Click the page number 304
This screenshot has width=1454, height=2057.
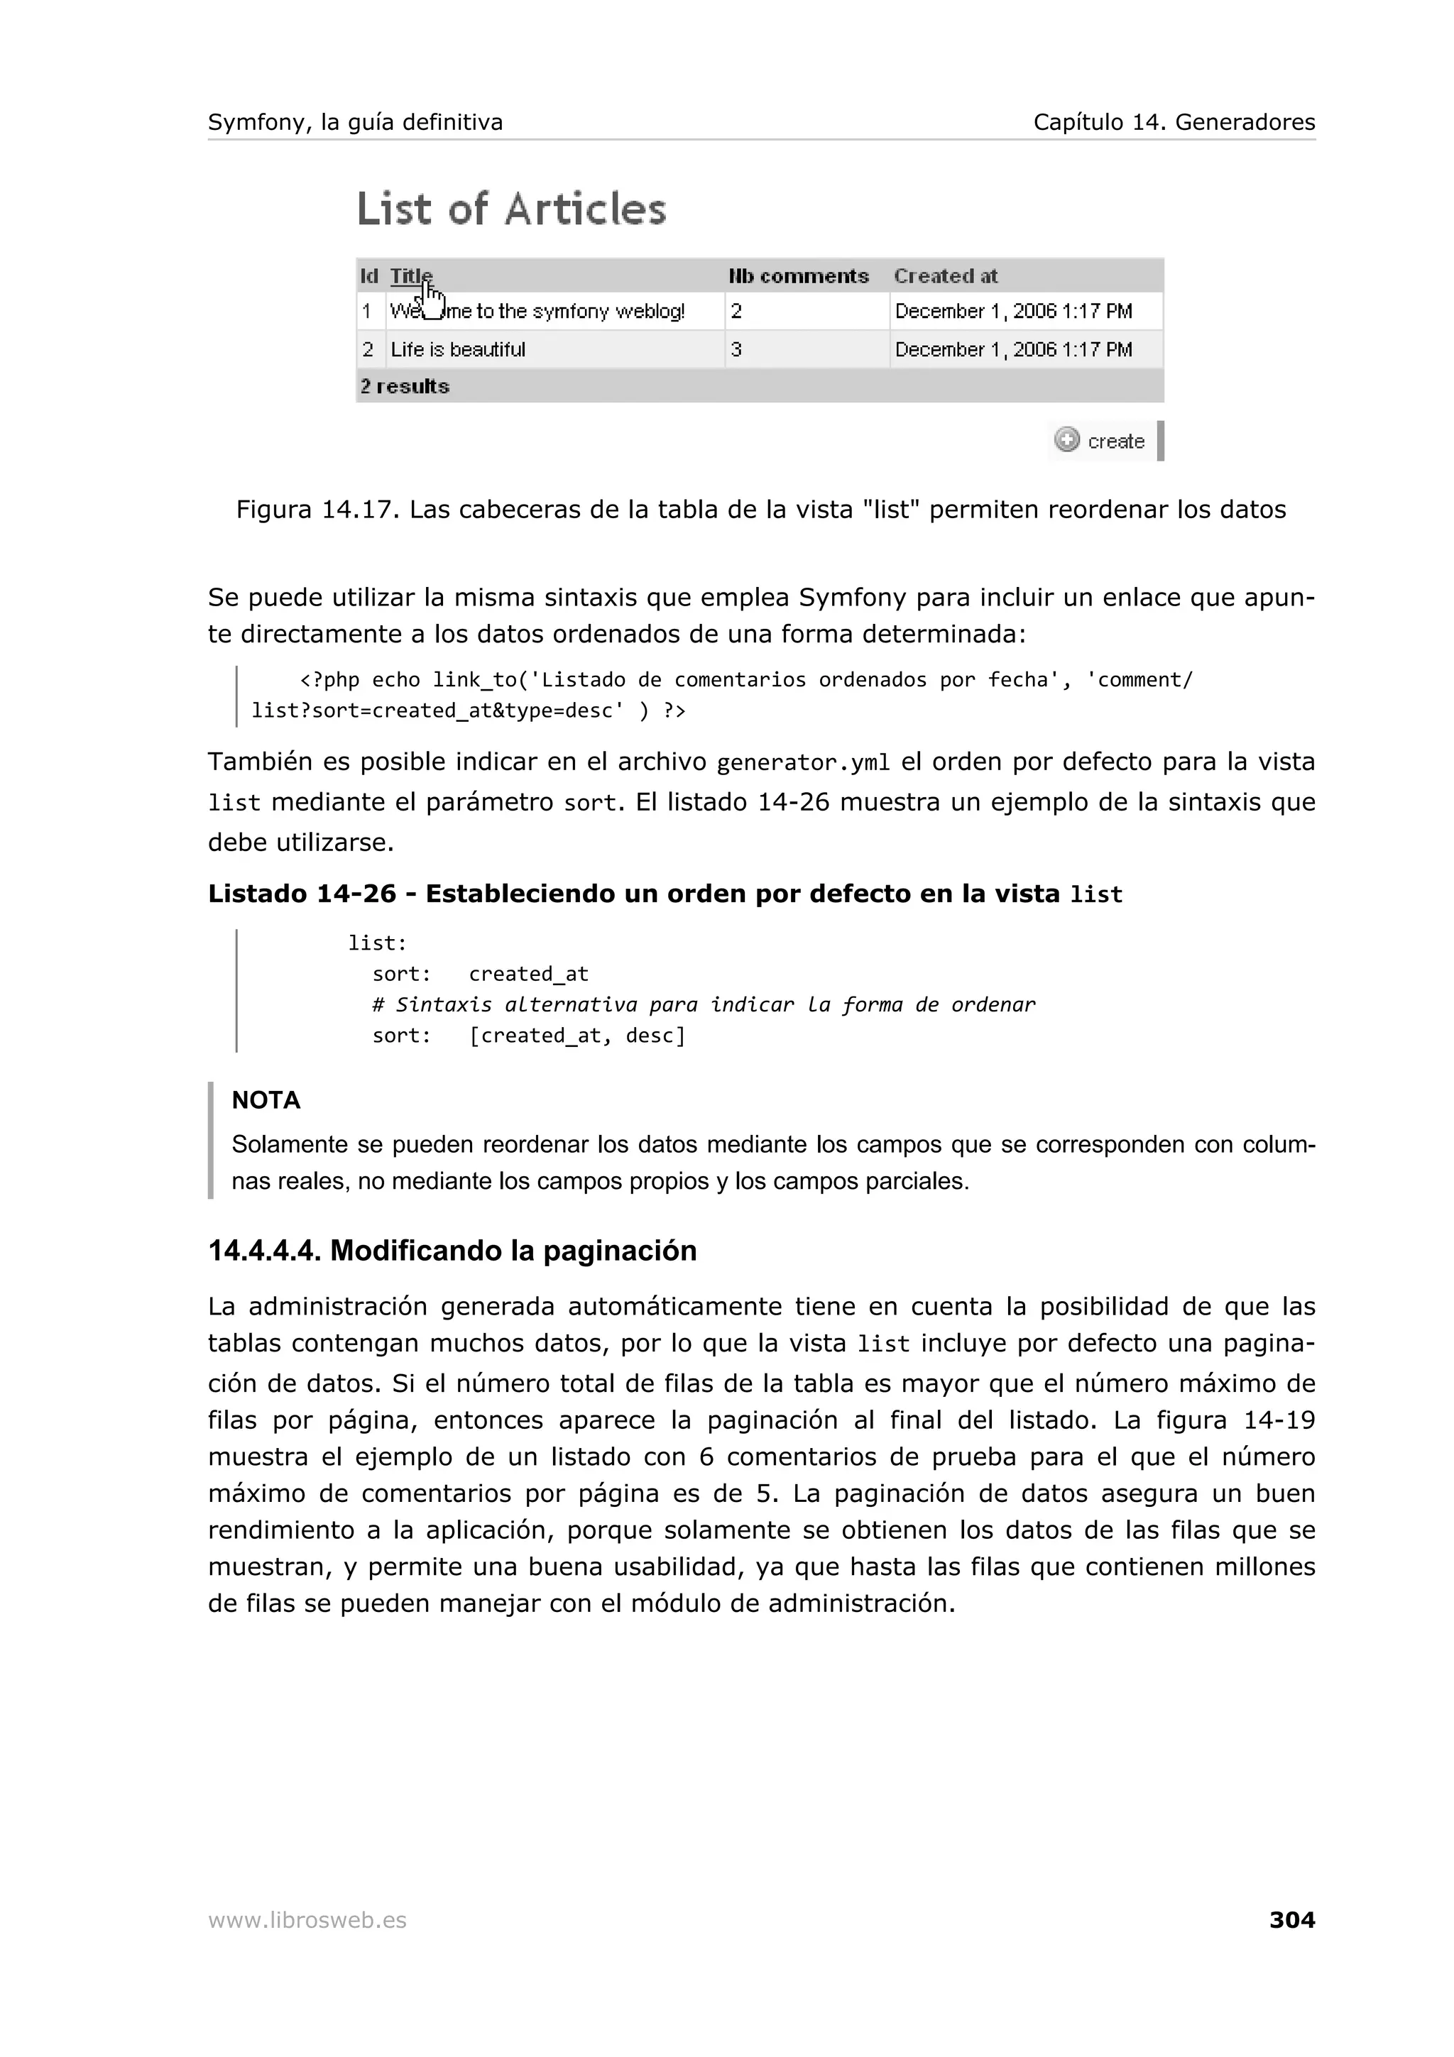[x=1291, y=1919]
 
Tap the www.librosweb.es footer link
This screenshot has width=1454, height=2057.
[x=307, y=1920]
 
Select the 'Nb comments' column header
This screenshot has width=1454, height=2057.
[x=798, y=276]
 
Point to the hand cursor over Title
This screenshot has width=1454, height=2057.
[x=432, y=300]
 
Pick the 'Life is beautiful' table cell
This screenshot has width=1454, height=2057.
[x=458, y=349]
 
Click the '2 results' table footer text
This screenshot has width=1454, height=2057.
[x=405, y=386]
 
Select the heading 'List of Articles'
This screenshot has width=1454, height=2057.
[x=512, y=209]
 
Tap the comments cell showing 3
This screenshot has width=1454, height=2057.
[x=736, y=349]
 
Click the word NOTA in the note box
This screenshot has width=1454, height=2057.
[x=266, y=1100]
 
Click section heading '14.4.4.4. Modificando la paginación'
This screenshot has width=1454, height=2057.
[x=452, y=1251]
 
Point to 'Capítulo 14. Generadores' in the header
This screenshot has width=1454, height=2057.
[x=1174, y=122]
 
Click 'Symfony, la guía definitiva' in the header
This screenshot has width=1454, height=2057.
[x=356, y=122]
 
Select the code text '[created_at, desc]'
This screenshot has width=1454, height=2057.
[x=577, y=1036]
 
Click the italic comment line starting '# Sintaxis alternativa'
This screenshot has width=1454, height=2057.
[x=704, y=1005]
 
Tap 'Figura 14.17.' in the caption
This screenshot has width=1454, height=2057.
[x=318, y=510]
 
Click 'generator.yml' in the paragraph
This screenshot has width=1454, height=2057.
[x=804, y=762]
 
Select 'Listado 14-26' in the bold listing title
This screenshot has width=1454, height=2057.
[x=302, y=894]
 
